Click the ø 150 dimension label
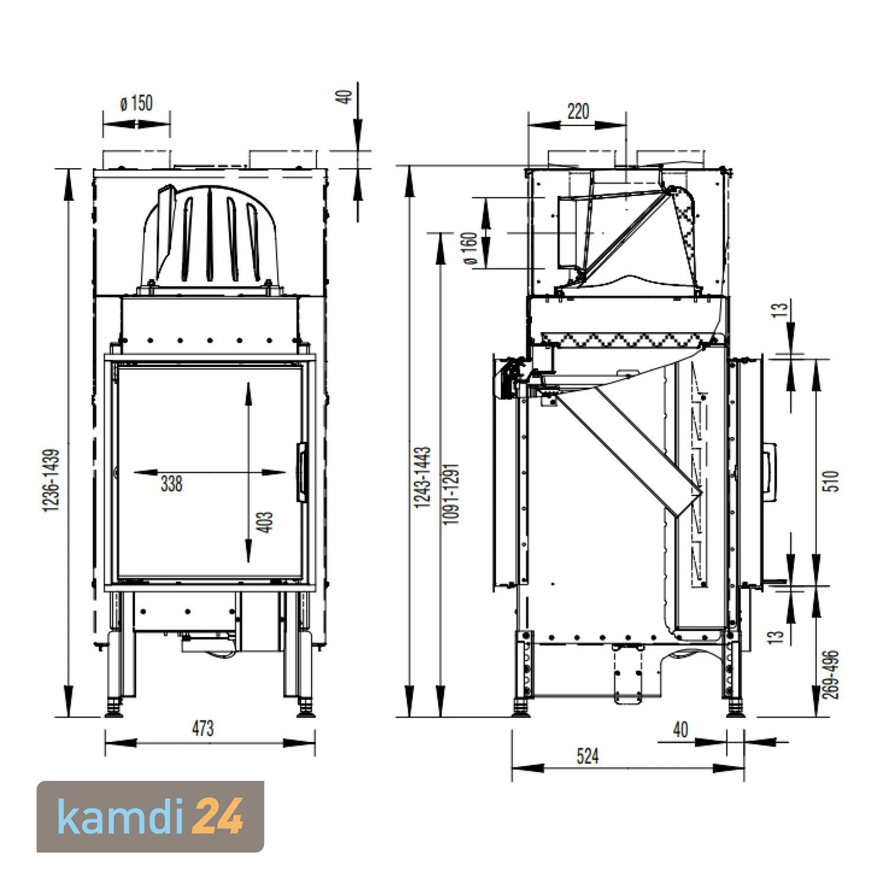tap(137, 104)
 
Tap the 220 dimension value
tap(578, 111)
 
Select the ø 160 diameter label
tap(470, 249)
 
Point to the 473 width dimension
tap(202, 729)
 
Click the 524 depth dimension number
tap(587, 756)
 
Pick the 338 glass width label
tap(171, 484)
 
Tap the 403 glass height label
tap(266, 522)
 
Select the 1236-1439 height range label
tap(52, 481)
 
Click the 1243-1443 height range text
tap(422, 477)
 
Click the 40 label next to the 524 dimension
tap(681, 730)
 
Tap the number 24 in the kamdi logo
tap(218, 816)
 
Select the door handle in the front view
tap(302, 472)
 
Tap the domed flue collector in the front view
tap(210, 237)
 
